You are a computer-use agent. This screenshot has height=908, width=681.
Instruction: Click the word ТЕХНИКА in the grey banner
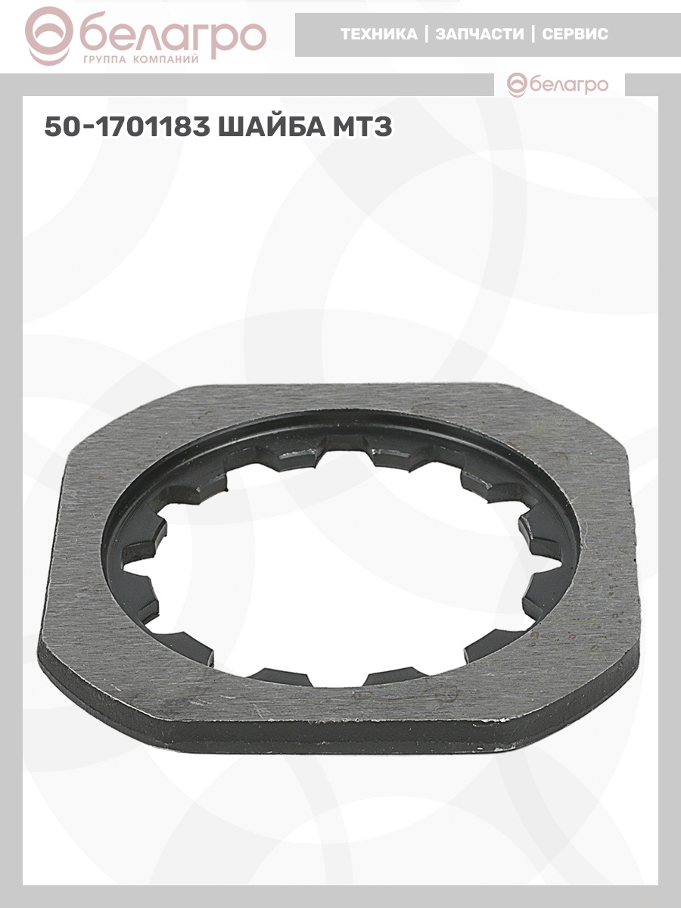click(379, 34)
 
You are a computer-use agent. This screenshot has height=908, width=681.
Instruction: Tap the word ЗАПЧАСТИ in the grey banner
click(480, 34)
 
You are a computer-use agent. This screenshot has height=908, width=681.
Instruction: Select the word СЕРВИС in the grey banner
click(575, 34)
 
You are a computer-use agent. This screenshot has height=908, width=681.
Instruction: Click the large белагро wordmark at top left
click(173, 36)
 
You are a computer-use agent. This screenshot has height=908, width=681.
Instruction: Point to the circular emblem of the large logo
click(48, 36)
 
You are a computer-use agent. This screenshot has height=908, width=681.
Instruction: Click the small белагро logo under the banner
click(558, 85)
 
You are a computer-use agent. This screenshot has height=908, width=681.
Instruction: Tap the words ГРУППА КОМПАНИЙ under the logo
click(141, 60)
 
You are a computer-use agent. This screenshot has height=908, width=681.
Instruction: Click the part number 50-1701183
click(127, 126)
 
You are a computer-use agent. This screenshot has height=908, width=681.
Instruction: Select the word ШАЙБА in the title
click(272, 126)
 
